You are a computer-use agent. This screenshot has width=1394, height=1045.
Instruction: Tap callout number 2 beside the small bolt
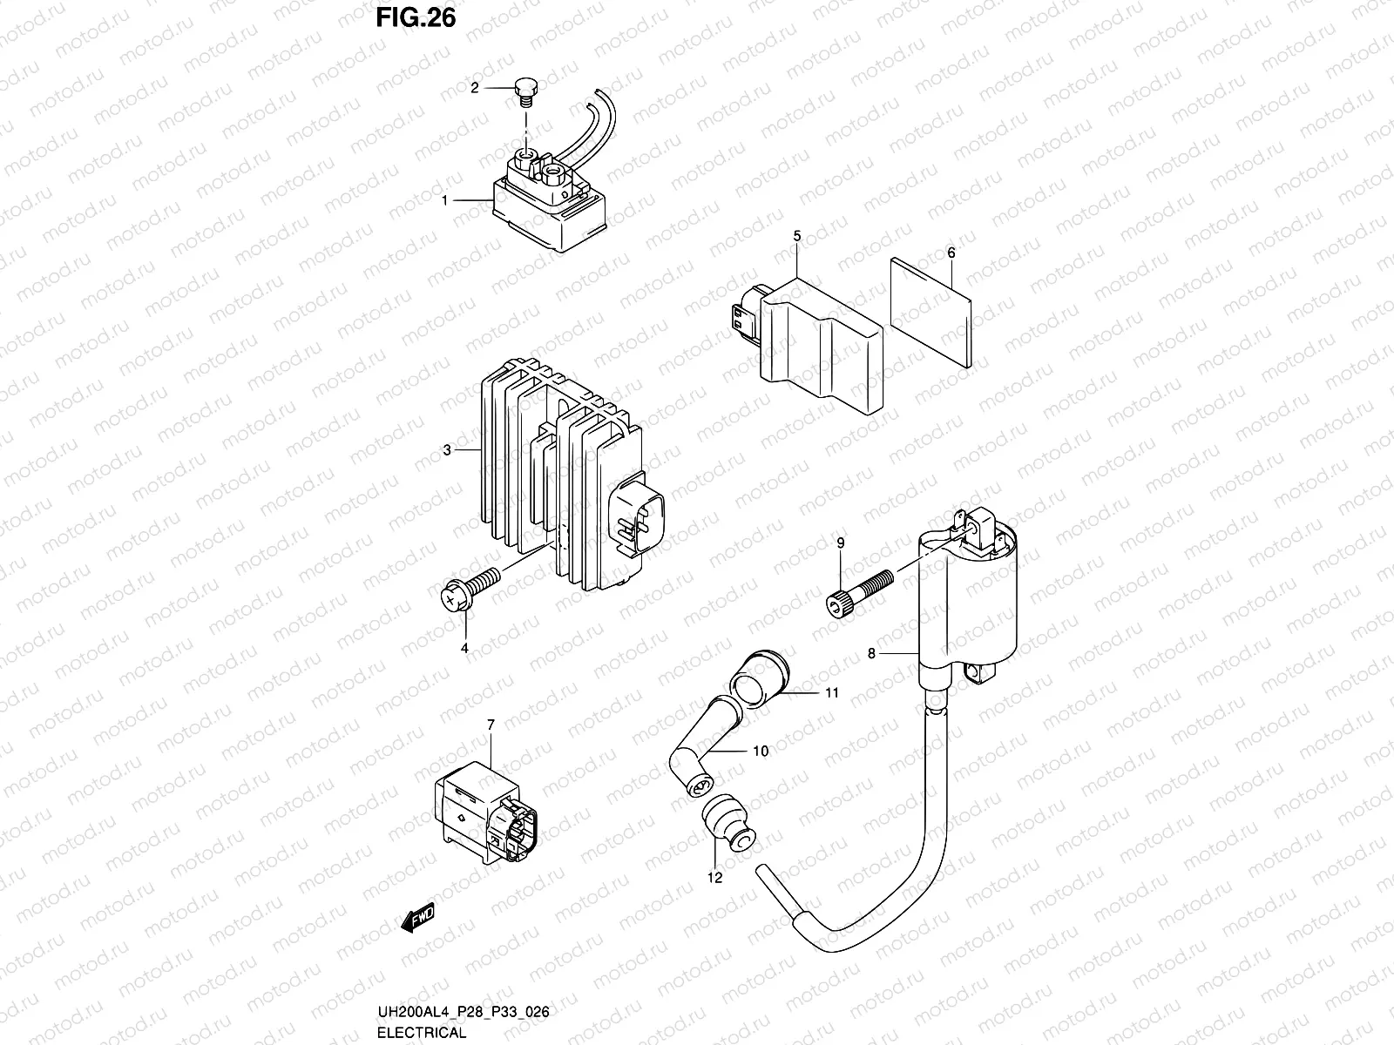(475, 88)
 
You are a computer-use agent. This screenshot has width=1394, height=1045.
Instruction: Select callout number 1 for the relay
(444, 200)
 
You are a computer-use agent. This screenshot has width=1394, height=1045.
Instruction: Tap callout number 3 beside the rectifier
(446, 450)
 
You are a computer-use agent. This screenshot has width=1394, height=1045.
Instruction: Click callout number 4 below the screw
(464, 648)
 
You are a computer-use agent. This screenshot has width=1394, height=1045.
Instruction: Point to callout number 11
(832, 693)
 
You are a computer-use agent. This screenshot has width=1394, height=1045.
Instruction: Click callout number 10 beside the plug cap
(761, 751)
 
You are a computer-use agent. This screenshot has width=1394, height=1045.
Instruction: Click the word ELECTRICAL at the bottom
(422, 1033)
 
